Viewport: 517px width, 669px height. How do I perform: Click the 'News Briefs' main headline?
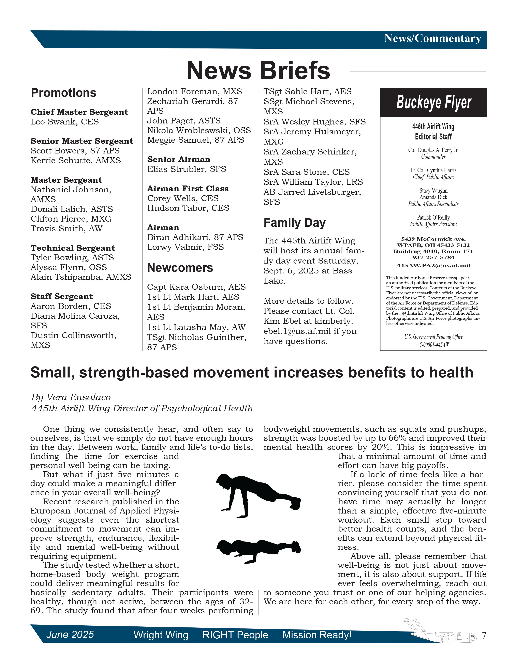(258, 71)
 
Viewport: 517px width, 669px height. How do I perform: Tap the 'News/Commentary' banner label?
(432, 39)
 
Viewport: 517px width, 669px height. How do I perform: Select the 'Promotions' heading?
(63, 93)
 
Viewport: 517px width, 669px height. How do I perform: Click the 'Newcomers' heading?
(180, 268)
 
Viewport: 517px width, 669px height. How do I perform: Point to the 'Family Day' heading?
(294, 223)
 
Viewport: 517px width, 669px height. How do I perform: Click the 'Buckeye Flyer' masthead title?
(433, 102)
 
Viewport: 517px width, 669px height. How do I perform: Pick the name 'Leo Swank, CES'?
(65, 122)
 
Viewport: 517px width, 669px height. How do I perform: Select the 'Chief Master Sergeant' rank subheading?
(79, 112)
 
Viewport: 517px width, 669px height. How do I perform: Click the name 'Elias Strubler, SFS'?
(187, 169)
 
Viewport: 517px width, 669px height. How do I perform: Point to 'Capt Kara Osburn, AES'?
(196, 287)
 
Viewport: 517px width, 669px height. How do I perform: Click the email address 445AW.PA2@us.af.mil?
(433, 266)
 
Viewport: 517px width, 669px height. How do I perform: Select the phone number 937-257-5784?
(433, 257)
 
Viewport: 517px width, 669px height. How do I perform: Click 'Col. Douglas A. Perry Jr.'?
(433, 150)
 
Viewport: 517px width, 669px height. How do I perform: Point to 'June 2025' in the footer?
(70, 634)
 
